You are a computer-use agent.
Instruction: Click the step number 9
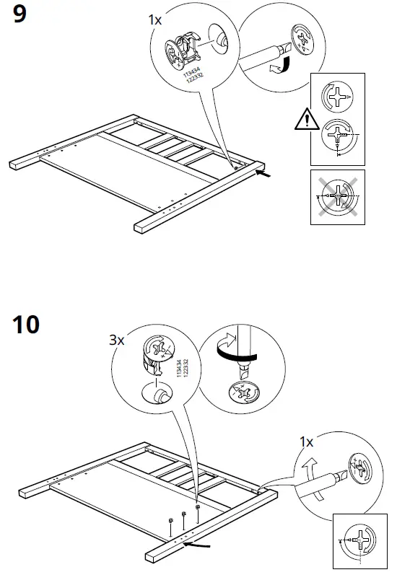coord(20,15)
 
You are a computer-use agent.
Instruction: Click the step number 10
coord(26,325)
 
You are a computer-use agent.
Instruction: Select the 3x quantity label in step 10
coord(117,340)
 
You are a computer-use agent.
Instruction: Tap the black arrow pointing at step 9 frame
coord(265,173)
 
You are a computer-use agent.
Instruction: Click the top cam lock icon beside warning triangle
coord(336,96)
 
